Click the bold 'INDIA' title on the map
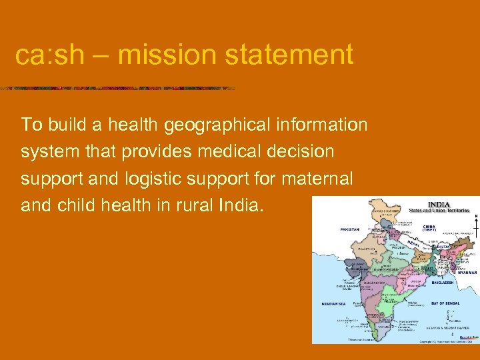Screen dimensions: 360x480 (x=438, y=205)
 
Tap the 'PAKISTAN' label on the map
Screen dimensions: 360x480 (x=349, y=229)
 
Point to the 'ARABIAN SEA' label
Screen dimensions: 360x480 (x=333, y=303)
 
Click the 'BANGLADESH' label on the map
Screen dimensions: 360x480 (x=443, y=283)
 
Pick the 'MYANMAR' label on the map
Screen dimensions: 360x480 (x=466, y=273)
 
